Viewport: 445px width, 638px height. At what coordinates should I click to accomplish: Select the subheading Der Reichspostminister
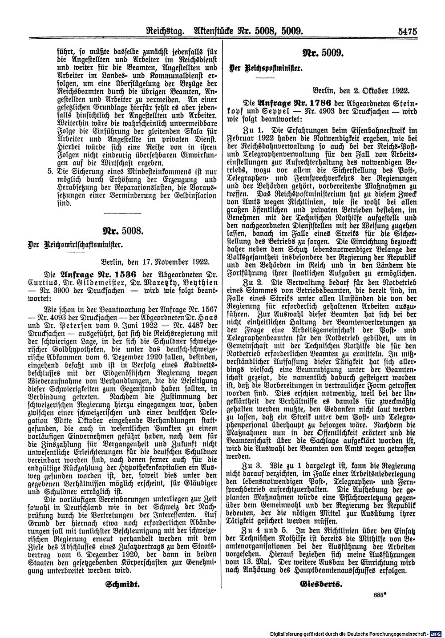266,69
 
